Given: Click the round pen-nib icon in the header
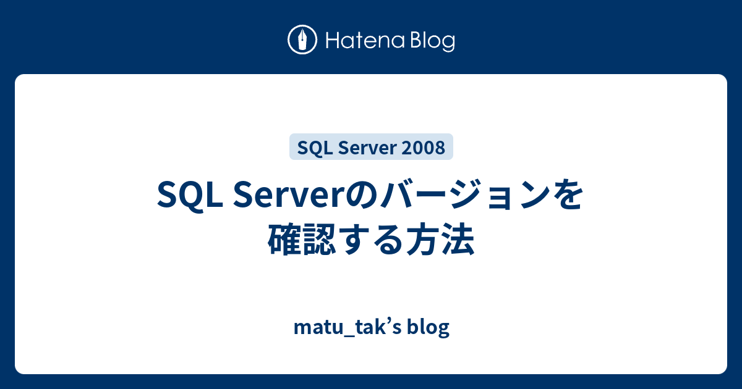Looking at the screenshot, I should (302, 40).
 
